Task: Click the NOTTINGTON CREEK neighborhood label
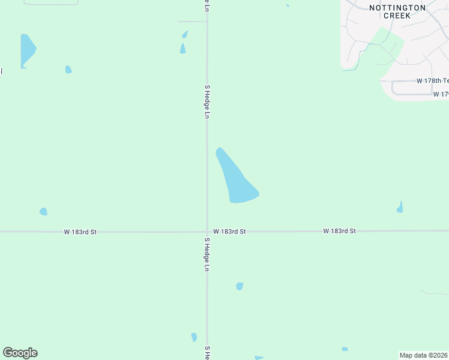pyautogui.click(x=397, y=11)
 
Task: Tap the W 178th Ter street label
pyautogui.click(x=433, y=80)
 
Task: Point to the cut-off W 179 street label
pyautogui.click(x=441, y=94)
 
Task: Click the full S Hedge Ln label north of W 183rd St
pyautogui.click(x=207, y=100)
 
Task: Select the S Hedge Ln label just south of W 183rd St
pyautogui.click(x=207, y=254)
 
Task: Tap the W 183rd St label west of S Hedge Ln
pyautogui.click(x=80, y=232)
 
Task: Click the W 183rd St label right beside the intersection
pyautogui.click(x=230, y=231)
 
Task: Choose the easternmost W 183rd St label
pyautogui.click(x=340, y=230)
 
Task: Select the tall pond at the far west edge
pyautogui.click(x=26, y=49)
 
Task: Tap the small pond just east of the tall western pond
pyautogui.click(x=68, y=70)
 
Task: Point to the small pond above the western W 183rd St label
pyautogui.click(x=43, y=211)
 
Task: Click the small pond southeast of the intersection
pyautogui.click(x=240, y=286)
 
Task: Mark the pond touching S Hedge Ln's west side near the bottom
pyautogui.click(x=194, y=337)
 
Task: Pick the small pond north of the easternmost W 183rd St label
pyautogui.click(x=400, y=207)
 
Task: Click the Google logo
pyautogui.click(x=20, y=353)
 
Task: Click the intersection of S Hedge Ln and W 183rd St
pyautogui.click(x=207, y=231)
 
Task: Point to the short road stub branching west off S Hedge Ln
pyautogui.click(x=192, y=22)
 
